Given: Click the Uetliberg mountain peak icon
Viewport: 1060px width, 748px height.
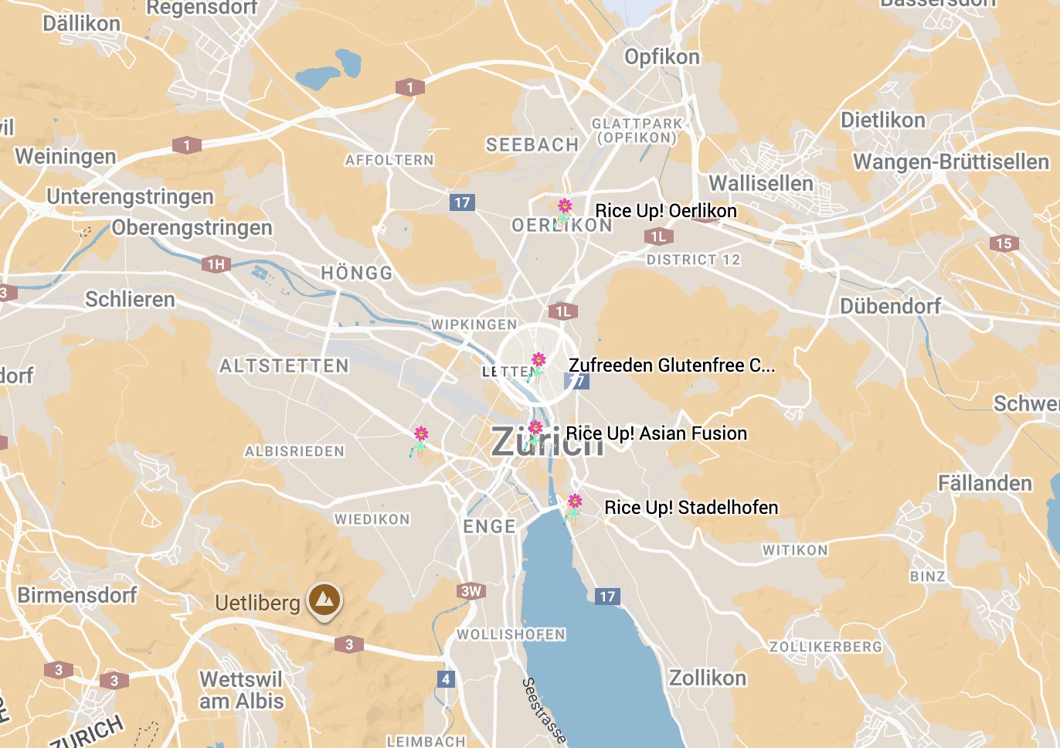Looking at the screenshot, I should [324, 599].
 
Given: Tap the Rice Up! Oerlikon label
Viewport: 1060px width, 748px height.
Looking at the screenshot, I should [665, 211].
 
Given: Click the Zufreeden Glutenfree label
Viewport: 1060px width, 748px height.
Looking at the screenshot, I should [671, 365].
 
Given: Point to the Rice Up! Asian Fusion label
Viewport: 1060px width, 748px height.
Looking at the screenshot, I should [656, 433].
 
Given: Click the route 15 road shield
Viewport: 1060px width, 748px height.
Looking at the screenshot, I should [1004, 243].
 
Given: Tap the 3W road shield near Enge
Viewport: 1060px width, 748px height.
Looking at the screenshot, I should [471, 591].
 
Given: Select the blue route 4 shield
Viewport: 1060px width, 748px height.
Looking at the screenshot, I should [446, 679].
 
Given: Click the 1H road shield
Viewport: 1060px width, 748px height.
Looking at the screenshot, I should [216, 264].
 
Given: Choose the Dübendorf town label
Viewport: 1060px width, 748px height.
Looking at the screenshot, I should [890, 306].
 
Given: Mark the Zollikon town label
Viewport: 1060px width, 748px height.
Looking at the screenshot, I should [707, 678].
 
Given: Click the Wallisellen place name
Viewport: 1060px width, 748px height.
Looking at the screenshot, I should [761, 183].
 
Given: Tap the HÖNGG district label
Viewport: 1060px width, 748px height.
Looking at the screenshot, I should [357, 273].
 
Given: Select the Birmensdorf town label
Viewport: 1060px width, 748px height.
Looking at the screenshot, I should [77, 595].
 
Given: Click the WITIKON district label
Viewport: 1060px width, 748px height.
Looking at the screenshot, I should [795, 550].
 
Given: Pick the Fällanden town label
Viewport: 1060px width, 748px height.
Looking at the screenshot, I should [984, 484].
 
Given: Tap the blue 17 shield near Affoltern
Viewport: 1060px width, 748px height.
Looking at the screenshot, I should [462, 202].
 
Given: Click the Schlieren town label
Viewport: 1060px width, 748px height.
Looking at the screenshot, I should [130, 299].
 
